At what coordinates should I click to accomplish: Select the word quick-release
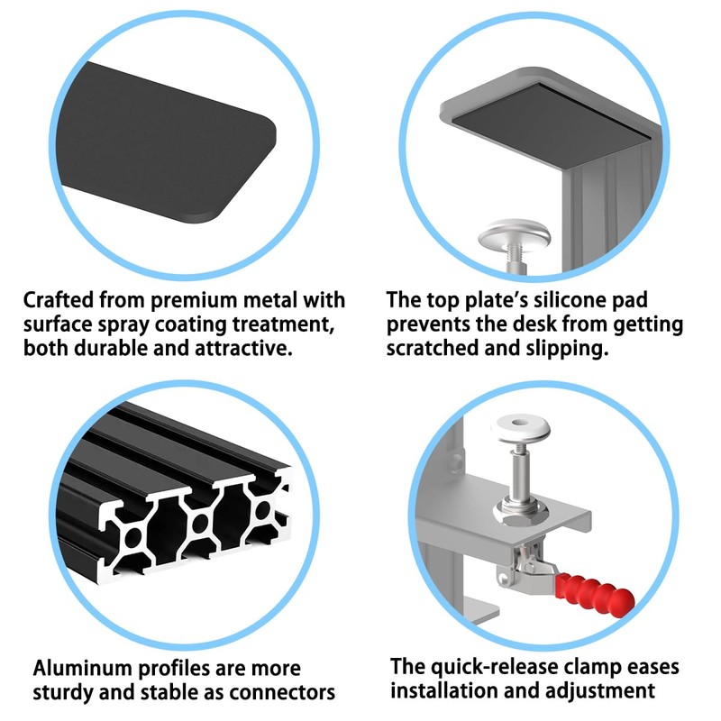coord(481,667)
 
